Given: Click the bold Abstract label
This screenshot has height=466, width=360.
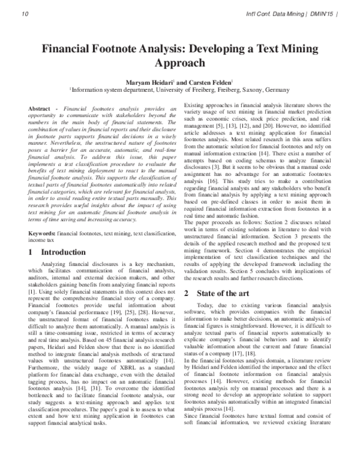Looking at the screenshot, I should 40,107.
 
